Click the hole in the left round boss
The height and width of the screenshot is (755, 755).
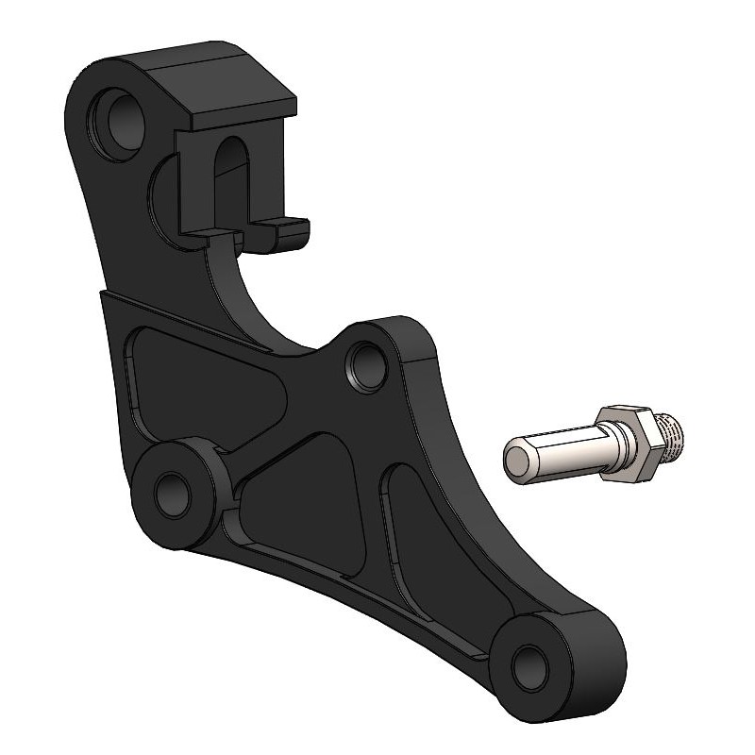pos(173,493)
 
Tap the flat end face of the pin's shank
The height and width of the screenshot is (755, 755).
pos(518,461)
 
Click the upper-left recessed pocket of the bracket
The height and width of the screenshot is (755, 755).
pos(189,377)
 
